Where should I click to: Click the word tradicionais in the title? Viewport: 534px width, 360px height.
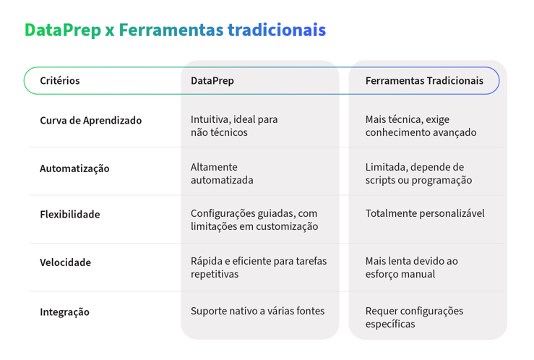pos(276,30)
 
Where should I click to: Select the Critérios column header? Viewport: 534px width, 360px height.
pos(60,81)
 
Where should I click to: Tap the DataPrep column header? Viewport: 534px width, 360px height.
pos(212,81)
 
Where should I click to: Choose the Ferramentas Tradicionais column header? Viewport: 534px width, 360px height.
pos(424,81)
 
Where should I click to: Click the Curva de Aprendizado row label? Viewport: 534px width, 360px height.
pos(90,121)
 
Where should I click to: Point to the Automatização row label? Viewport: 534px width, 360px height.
pos(74,168)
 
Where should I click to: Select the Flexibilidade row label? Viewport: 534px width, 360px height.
pos(70,215)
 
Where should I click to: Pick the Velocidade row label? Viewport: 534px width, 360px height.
pos(65,262)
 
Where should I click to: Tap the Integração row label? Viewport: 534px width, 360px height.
pos(64,312)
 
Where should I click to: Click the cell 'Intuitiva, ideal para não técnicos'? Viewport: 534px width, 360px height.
pos(234,126)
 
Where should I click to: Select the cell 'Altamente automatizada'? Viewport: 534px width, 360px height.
pos(222,173)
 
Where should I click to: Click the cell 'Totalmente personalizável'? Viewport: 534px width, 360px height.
pos(425,213)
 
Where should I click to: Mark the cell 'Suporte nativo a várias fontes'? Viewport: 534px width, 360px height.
pos(257,311)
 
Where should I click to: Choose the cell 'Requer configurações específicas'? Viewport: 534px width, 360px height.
pos(414,317)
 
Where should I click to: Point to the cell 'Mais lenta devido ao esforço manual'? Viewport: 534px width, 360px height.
pos(411,267)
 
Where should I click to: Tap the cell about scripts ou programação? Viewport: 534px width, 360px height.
pos(418,173)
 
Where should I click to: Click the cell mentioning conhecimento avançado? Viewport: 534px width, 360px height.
pos(421,126)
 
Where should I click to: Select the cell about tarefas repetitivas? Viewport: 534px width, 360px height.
pos(258,267)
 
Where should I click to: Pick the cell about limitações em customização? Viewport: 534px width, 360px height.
pos(254,220)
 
